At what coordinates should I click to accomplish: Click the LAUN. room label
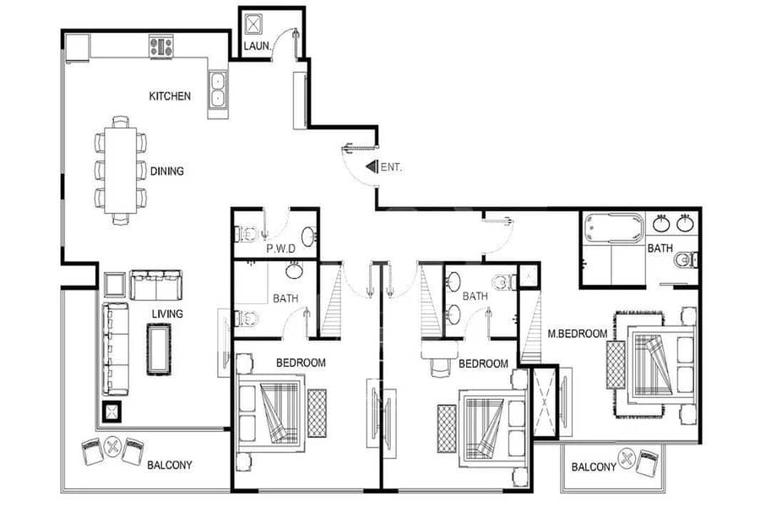257,46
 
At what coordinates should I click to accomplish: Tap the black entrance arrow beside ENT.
372,166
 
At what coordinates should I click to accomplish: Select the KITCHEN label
170,96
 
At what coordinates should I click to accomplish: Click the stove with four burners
161,47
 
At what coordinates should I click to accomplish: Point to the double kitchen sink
218,90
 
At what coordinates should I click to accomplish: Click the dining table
120,171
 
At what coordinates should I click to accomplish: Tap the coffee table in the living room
159,349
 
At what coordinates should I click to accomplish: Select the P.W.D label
280,249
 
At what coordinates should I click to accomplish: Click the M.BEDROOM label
578,334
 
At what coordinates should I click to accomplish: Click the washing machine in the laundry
253,25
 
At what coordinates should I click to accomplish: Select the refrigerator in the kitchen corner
77,47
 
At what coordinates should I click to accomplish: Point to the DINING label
166,171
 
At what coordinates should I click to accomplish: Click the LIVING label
167,313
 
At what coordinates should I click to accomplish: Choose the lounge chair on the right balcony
647,463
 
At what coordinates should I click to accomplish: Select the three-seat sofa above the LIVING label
156,286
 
